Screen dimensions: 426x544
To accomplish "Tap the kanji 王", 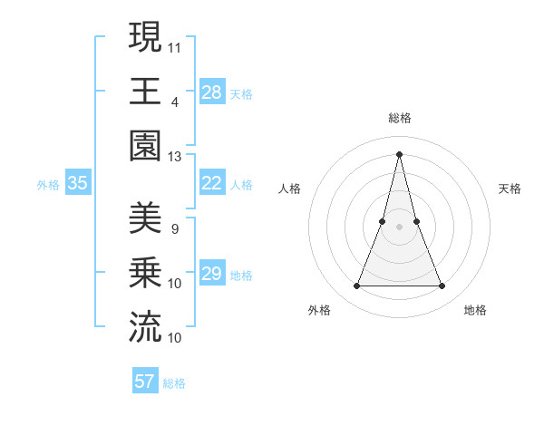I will tap(145, 91).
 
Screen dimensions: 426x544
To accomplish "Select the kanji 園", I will tap(145, 146).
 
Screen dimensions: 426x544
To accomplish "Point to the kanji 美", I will tap(145, 218).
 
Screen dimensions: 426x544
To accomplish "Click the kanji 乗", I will tap(145, 273).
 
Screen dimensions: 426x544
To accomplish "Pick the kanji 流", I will tap(145, 327).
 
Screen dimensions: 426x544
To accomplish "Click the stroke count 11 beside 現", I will tap(175, 46).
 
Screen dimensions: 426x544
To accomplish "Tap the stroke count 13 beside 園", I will tap(175, 156).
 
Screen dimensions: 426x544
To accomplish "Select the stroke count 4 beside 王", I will tap(175, 102).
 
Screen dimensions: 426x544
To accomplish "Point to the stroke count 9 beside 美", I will tap(175, 228).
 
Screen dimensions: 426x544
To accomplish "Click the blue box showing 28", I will tap(212, 92).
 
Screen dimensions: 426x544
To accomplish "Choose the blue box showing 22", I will tap(212, 183).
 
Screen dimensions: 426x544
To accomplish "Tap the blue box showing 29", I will tap(212, 274).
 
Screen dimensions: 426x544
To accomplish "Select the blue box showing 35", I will tap(78, 183).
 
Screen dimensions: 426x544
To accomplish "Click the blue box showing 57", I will tap(145, 382).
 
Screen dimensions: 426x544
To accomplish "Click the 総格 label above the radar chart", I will tap(400, 118).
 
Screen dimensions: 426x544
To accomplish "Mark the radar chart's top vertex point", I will tap(400, 153).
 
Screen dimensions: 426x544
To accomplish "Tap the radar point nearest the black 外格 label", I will tap(356, 286).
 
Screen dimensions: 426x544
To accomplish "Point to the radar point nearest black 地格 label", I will tap(442, 286).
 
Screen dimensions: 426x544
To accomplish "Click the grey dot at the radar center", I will tap(400, 227).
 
